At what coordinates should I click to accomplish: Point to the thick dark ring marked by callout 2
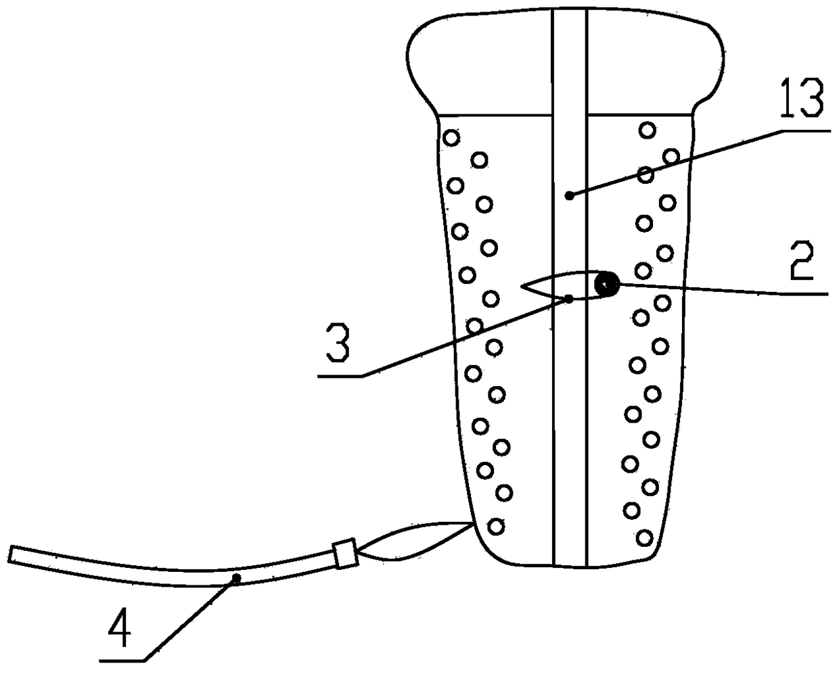pyautogui.click(x=607, y=285)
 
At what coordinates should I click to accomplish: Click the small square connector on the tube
pyautogui.click(x=345, y=552)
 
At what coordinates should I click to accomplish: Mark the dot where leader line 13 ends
pyautogui.click(x=570, y=195)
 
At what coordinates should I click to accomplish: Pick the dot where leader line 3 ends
pyautogui.click(x=569, y=298)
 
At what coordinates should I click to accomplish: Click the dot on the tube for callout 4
pyautogui.click(x=236, y=578)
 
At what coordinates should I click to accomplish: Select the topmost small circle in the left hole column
pyautogui.click(x=451, y=138)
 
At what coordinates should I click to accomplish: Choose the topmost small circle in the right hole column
pyautogui.click(x=648, y=130)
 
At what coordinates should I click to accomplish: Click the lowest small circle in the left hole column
pyautogui.click(x=496, y=525)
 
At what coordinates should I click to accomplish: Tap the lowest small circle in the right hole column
pyautogui.click(x=645, y=537)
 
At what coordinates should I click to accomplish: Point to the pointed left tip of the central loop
pyautogui.click(x=522, y=287)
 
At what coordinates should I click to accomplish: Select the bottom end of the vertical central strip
pyautogui.click(x=570, y=564)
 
